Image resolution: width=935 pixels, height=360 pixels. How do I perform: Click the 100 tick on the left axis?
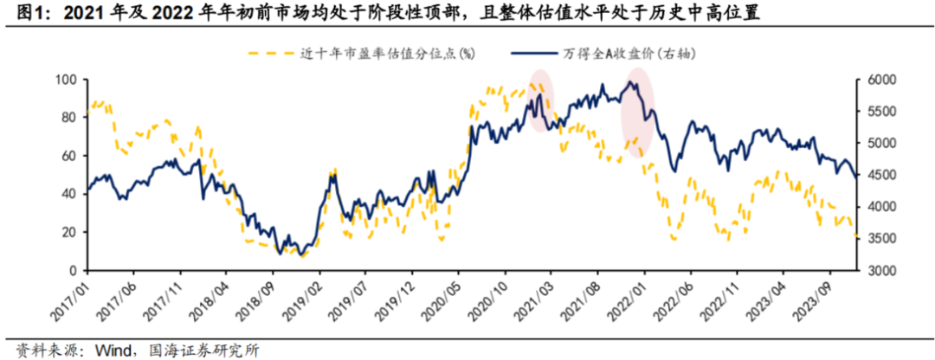[67, 80]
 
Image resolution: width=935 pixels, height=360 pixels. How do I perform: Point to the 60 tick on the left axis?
[70, 156]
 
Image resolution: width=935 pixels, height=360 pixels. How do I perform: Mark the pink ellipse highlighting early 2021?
[542, 100]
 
